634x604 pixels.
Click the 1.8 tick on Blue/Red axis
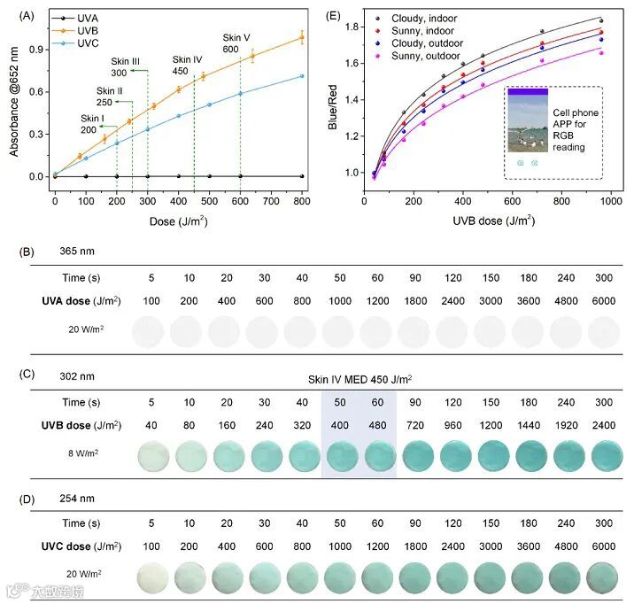(x=354, y=27)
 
